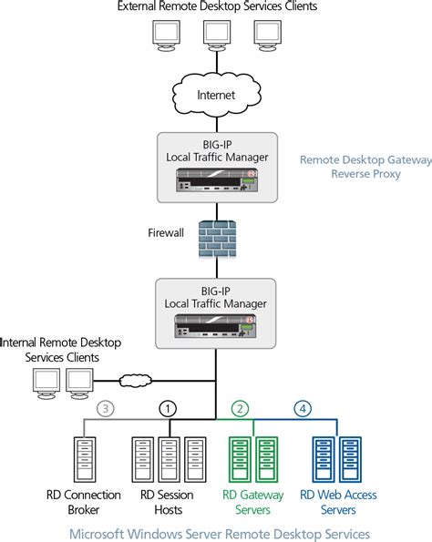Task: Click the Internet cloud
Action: pyautogui.click(x=217, y=95)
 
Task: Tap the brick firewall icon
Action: pyautogui.click(x=217, y=240)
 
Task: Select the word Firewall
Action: pyautogui.click(x=166, y=232)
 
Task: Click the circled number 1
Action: pyautogui.click(x=168, y=409)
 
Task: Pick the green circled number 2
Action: pyautogui.click(x=240, y=409)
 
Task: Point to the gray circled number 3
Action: pyautogui.click(x=106, y=409)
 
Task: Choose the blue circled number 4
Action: pyautogui.click(x=303, y=409)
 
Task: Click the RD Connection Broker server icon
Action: pyautogui.click(x=85, y=459)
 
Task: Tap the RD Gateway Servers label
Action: pyautogui.click(x=252, y=502)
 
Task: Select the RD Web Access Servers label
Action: pyautogui.click(x=338, y=502)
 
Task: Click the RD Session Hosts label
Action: pyautogui.click(x=167, y=502)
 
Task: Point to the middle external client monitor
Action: pyautogui.click(x=217, y=36)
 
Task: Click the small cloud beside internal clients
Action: pyautogui.click(x=136, y=381)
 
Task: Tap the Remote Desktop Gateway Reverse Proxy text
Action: pyautogui.click(x=365, y=167)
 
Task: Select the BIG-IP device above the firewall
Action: pyautogui.click(x=217, y=168)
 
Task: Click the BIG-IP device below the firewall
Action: pyautogui.click(x=215, y=313)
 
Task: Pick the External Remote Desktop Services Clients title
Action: pyautogui.click(x=217, y=6)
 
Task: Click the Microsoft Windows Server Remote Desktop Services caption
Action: pyautogui.click(x=220, y=534)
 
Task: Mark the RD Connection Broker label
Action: pyautogui.click(x=84, y=502)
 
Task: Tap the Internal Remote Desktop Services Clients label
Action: pyautogui.click(x=61, y=350)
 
